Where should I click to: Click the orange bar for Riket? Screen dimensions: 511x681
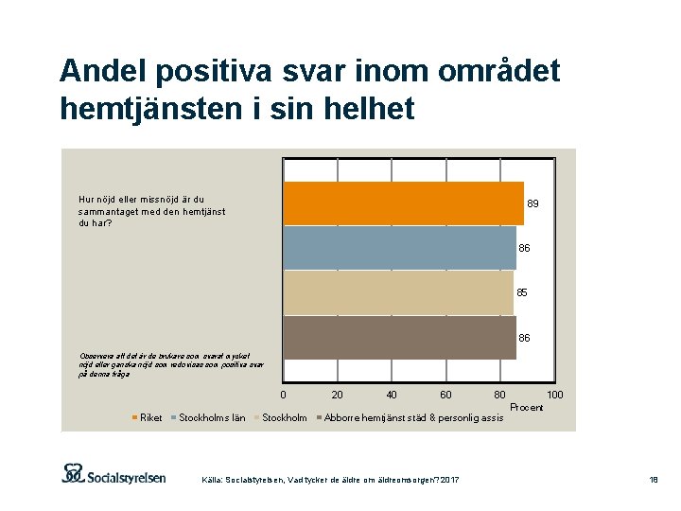click(404, 203)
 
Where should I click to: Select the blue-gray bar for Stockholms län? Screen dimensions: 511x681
click(400, 248)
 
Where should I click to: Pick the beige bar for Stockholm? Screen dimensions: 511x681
click(398, 292)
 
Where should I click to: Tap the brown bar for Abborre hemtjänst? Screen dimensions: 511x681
click(400, 337)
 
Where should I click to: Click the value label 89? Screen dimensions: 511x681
click(533, 204)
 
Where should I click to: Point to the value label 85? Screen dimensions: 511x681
click(522, 293)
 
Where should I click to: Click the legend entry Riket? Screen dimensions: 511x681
click(149, 417)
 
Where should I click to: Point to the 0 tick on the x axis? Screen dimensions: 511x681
click(284, 395)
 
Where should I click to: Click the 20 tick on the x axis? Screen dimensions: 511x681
click(338, 395)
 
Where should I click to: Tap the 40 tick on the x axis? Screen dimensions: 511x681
click(392, 395)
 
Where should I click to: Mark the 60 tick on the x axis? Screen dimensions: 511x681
click(445, 395)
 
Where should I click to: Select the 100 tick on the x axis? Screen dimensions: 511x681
click(556, 395)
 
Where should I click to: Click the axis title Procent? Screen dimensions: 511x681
click(526, 407)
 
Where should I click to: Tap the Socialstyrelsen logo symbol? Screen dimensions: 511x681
click(75, 472)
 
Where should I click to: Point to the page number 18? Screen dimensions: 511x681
click(653, 482)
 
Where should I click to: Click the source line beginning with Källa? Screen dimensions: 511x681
click(331, 482)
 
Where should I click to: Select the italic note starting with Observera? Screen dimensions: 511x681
click(171, 365)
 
